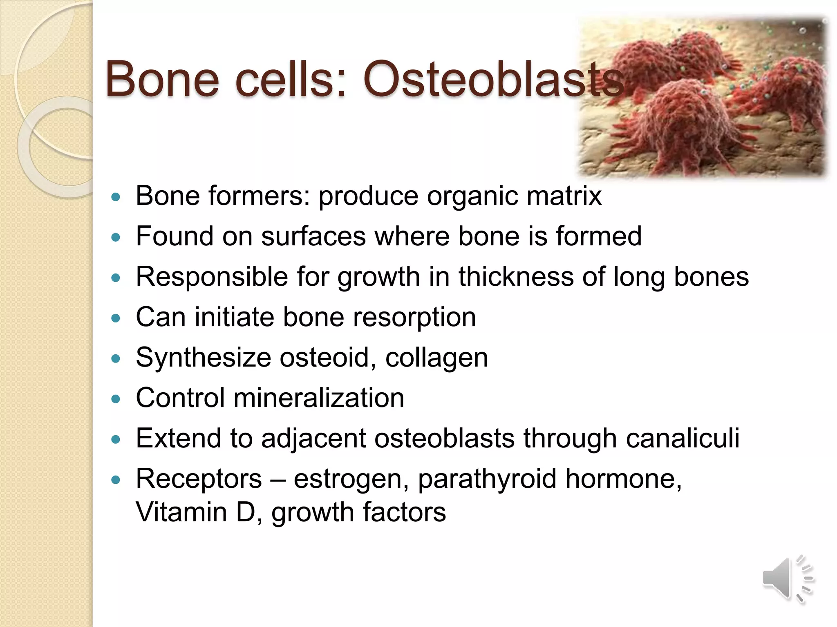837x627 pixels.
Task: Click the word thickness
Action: point(516,276)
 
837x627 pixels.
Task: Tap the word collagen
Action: point(436,358)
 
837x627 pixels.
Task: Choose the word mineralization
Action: point(318,398)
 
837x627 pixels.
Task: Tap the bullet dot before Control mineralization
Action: point(116,398)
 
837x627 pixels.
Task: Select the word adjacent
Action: point(313,438)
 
